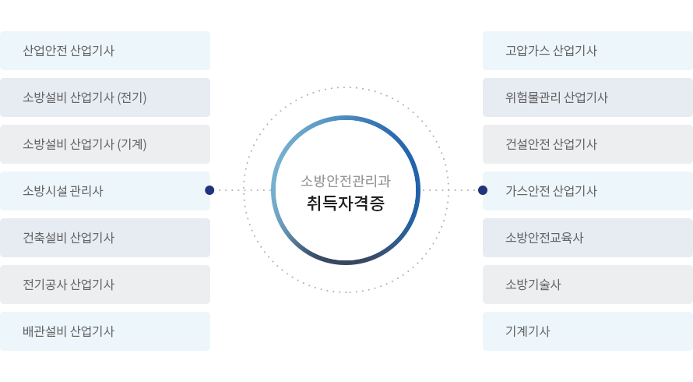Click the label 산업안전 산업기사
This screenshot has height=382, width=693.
coord(69,51)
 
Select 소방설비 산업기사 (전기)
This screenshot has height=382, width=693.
coord(84,97)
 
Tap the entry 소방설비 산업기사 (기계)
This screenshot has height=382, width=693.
coord(84,144)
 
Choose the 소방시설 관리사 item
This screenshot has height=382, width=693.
coord(63,191)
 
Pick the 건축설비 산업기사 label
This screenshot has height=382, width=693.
coord(69,238)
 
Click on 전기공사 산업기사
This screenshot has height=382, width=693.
coord(69,285)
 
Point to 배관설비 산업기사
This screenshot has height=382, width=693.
coord(69,331)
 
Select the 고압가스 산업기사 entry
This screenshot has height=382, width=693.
coord(551,51)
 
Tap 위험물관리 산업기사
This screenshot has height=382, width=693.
coord(556,97)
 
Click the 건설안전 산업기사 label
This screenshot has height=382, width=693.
coord(551,144)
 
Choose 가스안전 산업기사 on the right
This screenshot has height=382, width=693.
coord(551,191)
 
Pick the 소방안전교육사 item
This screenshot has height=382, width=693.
coord(544,238)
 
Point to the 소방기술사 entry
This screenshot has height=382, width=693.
coord(533,285)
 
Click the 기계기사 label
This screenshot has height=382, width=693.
coord(527,331)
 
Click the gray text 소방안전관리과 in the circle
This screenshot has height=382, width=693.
coord(346,181)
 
